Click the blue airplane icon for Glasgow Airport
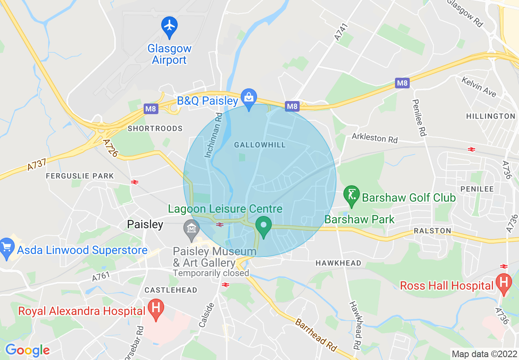coord(169,26)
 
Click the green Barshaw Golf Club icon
coord(351,194)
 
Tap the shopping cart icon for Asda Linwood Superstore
coord(7,248)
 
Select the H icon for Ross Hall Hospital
coord(503,283)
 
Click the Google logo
coord(27,350)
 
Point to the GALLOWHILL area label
coord(260,145)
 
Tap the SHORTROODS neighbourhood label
coord(155,128)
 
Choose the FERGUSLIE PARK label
coord(80,176)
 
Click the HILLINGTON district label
coord(491,116)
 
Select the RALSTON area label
coord(432,231)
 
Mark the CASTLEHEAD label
coord(171,290)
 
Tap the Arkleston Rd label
coord(375,138)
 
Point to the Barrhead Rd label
coord(316,335)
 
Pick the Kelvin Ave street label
coord(478,86)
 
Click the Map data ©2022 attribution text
coord(483,353)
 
